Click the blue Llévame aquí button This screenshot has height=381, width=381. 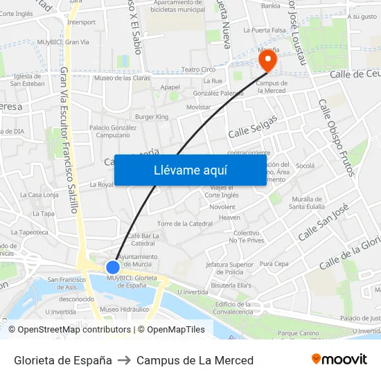[190, 170]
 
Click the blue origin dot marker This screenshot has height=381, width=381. [113, 267]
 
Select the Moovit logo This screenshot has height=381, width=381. [339, 360]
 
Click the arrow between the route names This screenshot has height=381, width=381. [124, 360]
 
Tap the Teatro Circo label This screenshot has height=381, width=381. [198, 69]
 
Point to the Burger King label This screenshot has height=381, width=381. [152, 117]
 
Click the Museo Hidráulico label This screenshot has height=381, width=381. [124, 309]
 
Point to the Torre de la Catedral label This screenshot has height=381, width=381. [185, 224]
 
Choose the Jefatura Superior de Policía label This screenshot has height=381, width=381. [231, 268]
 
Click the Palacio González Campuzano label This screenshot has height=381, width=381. [113, 131]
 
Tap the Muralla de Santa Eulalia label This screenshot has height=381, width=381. [306, 202]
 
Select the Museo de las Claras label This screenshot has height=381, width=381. [122, 78]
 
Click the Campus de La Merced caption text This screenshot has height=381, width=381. [195, 360]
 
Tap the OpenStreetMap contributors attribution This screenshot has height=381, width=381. [69, 330]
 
